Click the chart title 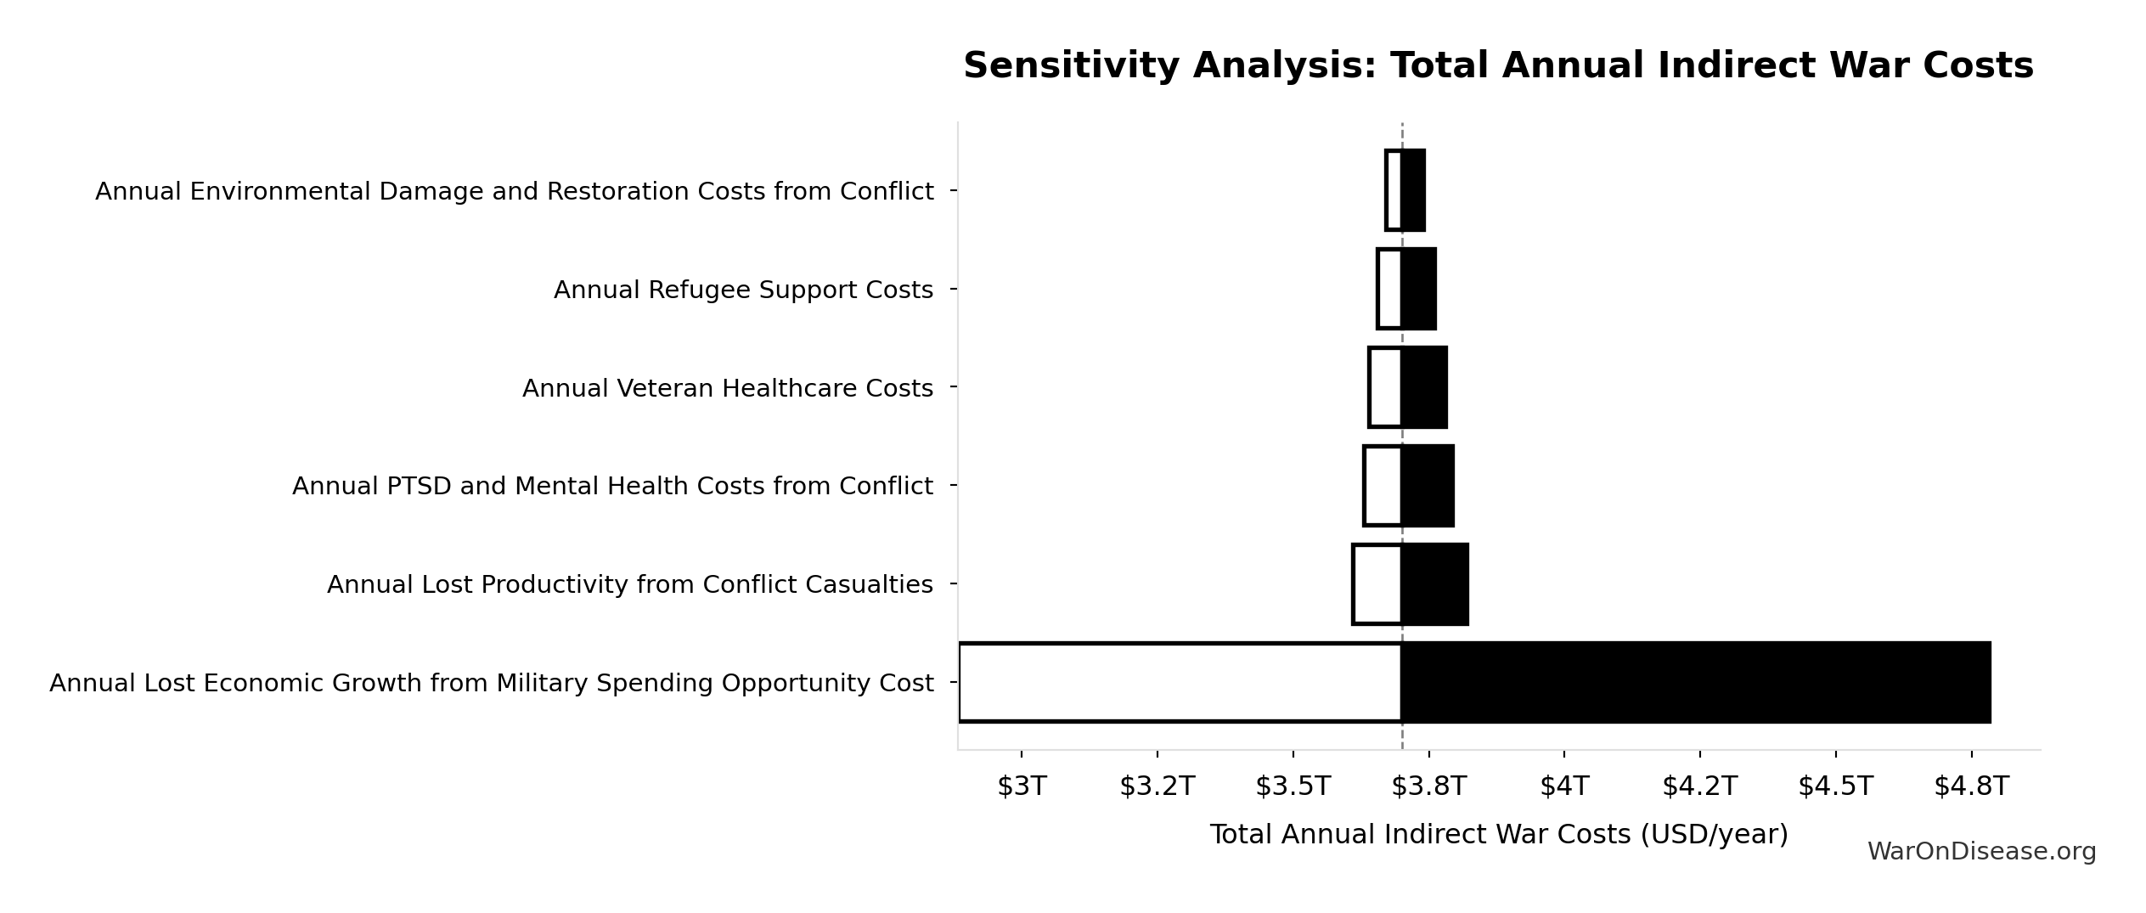click(1497, 66)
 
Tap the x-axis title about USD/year click(1498, 834)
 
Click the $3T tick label click(1021, 786)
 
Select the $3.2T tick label click(1157, 786)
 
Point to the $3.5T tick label click(1293, 786)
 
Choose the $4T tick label click(1563, 786)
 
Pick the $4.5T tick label click(1835, 786)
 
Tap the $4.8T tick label click(1971, 786)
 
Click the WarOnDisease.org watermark click(1981, 852)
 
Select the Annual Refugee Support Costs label click(743, 290)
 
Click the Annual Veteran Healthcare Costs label click(727, 388)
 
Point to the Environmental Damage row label click(514, 191)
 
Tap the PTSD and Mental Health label click(612, 486)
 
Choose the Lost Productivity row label click(629, 584)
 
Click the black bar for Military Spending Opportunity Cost click(1695, 682)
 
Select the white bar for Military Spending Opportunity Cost click(1180, 682)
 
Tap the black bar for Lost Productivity click(1434, 584)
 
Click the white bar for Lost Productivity click(1377, 584)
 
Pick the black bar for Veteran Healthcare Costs click(1424, 387)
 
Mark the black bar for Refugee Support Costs click(1418, 289)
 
